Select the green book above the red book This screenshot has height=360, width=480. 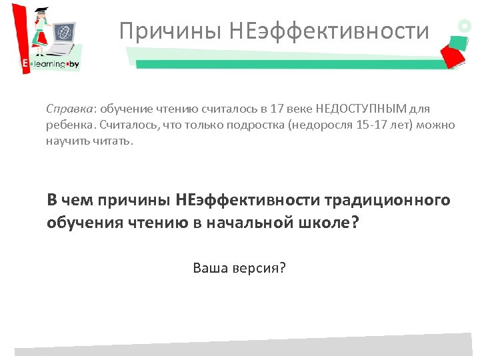(x=449, y=40)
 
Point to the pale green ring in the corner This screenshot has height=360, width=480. (x=464, y=26)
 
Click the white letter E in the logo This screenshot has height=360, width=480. (x=25, y=65)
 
